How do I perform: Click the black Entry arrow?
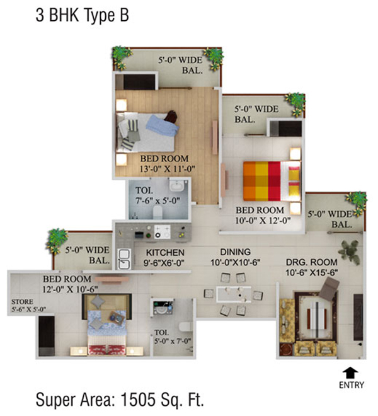pos(350,373)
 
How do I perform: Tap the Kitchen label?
pos(165,252)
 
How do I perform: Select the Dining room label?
pos(235,251)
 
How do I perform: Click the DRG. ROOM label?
pos(312,262)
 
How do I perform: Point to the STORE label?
pos(22,302)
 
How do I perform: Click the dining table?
pos(234,294)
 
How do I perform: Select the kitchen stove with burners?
pos(163,231)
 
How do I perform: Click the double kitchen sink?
pos(124,259)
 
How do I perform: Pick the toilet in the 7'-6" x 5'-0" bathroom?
pos(157,212)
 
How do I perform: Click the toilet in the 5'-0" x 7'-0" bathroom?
pos(185,326)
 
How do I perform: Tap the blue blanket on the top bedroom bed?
pos(162,125)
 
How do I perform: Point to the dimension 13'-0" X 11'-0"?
pos(168,169)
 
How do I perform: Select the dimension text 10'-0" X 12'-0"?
pos(263,221)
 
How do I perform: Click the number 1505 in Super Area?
pos(138,400)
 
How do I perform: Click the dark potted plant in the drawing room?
pos(350,252)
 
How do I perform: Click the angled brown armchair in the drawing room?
pos(329,289)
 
